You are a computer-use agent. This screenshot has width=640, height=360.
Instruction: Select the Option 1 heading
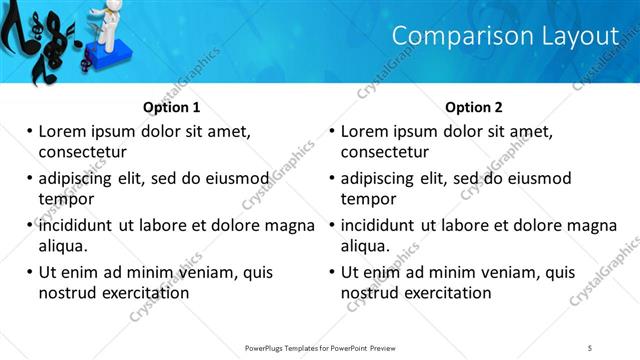172,107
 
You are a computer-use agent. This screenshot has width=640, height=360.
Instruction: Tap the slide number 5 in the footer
590,347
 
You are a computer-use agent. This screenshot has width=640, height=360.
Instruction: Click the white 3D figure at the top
103,20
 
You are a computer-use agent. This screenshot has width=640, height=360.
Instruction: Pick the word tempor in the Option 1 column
65,199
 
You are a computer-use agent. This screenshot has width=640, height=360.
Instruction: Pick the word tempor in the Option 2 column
368,199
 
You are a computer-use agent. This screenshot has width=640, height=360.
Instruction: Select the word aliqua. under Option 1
64,246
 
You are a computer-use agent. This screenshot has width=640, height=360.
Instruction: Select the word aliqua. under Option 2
367,246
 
